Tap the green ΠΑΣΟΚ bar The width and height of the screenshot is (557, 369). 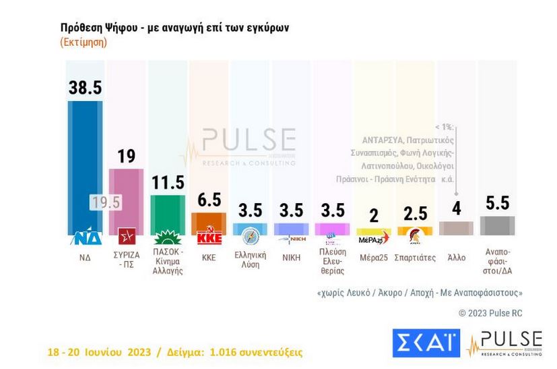(167, 215)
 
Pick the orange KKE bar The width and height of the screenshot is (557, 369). (208, 223)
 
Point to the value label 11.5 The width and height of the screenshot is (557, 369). (167, 182)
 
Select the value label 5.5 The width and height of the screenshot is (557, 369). (496, 203)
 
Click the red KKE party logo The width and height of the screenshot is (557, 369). (209, 237)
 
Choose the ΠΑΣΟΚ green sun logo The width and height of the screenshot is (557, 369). (167, 237)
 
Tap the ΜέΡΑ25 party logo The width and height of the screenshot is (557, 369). (372, 238)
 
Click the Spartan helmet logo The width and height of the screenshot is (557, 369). (414, 235)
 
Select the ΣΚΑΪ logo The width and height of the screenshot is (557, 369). (426, 343)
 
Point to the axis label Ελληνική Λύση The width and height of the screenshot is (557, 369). (250, 260)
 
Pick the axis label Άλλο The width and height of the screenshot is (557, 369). (455, 257)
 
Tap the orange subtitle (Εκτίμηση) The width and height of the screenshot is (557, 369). (84, 42)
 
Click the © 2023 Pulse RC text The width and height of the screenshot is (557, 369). (490, 313)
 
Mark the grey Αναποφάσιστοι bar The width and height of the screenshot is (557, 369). (497, 226)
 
